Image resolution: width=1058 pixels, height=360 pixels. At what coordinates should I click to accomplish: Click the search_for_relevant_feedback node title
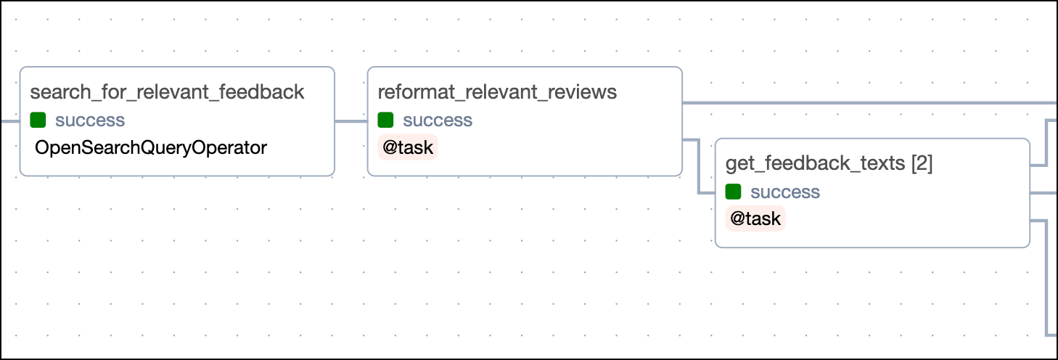pos(167,92)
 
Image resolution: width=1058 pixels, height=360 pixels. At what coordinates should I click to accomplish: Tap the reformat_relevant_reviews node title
pos(497,92)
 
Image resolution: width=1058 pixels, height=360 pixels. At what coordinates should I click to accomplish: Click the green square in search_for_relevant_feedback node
pos(38,120)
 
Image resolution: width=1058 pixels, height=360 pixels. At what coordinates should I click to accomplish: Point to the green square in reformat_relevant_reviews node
pos(386,120)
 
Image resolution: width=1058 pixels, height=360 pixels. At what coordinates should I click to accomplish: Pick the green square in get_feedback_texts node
pos(734,192)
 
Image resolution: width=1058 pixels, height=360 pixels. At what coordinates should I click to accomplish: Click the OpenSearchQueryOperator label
pos(151,148)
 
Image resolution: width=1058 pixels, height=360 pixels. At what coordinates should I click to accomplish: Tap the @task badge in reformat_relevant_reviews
pos(408,148)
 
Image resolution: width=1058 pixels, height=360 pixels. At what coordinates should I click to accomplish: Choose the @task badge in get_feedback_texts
pos(755,219)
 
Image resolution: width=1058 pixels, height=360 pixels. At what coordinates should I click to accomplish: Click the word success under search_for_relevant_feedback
pos(90,120)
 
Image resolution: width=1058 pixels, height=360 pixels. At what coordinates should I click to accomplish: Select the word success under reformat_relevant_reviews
pos(438,120)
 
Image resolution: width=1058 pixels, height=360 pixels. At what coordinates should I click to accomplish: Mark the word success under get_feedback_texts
pos(785,192)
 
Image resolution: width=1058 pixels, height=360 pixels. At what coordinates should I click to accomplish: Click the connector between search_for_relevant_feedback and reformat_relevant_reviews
pos(351,121)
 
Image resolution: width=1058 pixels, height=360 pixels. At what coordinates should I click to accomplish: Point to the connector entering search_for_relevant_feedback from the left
pos(10,121)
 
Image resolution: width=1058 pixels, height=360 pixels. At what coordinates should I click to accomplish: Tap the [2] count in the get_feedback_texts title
pos(922,164)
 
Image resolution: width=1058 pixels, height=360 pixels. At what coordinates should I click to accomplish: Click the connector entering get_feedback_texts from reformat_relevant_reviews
pos(698,167)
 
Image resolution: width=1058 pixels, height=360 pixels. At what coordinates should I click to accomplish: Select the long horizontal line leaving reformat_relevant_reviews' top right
pos(871,103)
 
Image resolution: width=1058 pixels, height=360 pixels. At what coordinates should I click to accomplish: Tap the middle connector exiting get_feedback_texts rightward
pos(1043,193)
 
